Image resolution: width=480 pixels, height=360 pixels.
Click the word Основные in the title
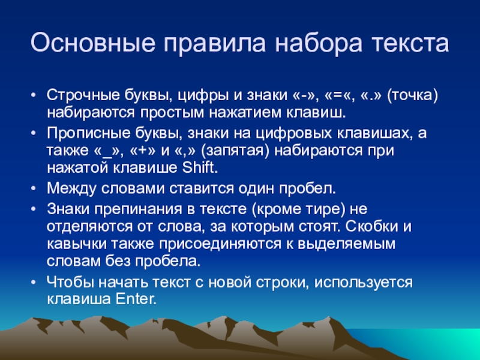pyautogui.click(x=93, y=42)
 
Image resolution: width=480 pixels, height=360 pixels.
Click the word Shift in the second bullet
pyautogui.click(x=200, y=167)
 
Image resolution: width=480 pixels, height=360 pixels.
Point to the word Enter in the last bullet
pyautogui.click(x=136, y=299)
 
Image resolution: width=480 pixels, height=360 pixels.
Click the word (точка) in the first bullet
pyautogui.click(x=412, y=95)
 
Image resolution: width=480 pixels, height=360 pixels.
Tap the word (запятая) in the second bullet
pyautogui.click(x=235, y=151)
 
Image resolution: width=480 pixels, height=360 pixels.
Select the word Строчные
pyautogui.click(x=83, y=95)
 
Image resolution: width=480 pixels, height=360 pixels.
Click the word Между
pyautogui.click(x=71, y=188)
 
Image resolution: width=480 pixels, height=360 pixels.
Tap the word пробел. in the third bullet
pyautogui.click(x=307, y=188)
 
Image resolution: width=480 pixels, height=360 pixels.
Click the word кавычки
pyautogui.click(x=77, y=244)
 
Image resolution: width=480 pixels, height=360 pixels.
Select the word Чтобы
pyautogui.click(x=70, y=282)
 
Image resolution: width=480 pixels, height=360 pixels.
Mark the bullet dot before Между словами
pyautogui.click(x=34, y=189)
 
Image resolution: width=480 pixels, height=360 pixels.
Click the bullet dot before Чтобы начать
pyautogui.click(x=34, y=283)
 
